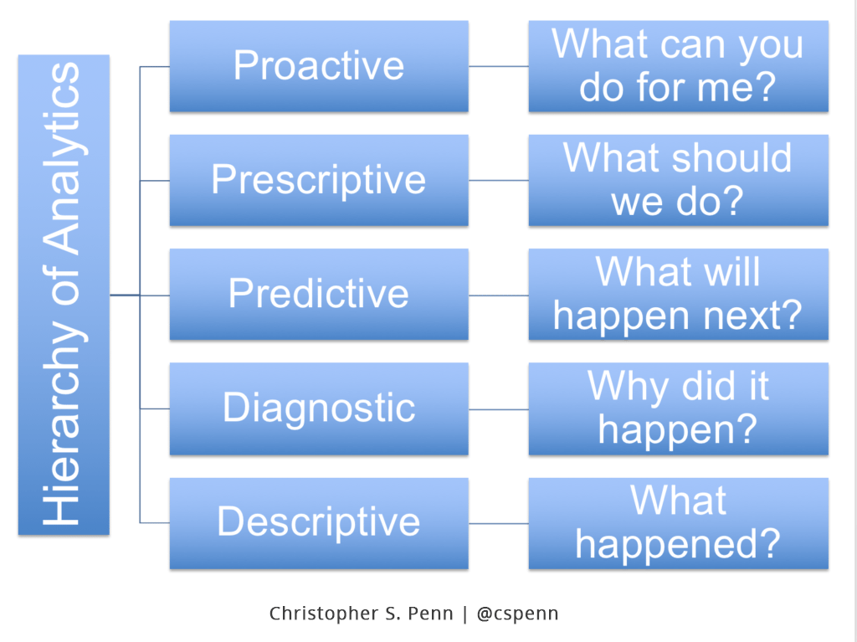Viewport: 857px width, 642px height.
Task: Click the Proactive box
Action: pos(318,66)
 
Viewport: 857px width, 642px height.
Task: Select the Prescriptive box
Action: pos(318,180)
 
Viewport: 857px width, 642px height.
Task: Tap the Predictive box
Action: pos(318,294)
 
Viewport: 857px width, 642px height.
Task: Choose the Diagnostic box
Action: pos(318,408)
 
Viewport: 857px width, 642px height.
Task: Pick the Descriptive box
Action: pos(318,522)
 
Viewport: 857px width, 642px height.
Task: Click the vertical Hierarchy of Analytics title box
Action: pos(64,295)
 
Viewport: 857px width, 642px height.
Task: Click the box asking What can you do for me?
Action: pos(678,66)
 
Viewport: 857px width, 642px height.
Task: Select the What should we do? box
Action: pos(678,180)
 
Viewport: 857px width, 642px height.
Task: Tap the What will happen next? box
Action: pos(678,294)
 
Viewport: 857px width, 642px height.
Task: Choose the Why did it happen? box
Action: pos(678,408)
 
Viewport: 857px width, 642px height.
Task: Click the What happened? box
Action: pos(678,522)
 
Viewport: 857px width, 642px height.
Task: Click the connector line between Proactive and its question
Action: pos(498,66)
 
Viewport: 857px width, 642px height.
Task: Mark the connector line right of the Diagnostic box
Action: pos(498,409)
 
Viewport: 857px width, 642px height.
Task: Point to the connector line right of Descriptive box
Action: pos(498,523)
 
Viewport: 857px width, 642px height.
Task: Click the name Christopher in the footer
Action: pos(321,614)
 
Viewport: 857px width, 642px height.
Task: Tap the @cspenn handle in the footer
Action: pos(517,614)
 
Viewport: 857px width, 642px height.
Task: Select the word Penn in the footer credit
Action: pos(433,614)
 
